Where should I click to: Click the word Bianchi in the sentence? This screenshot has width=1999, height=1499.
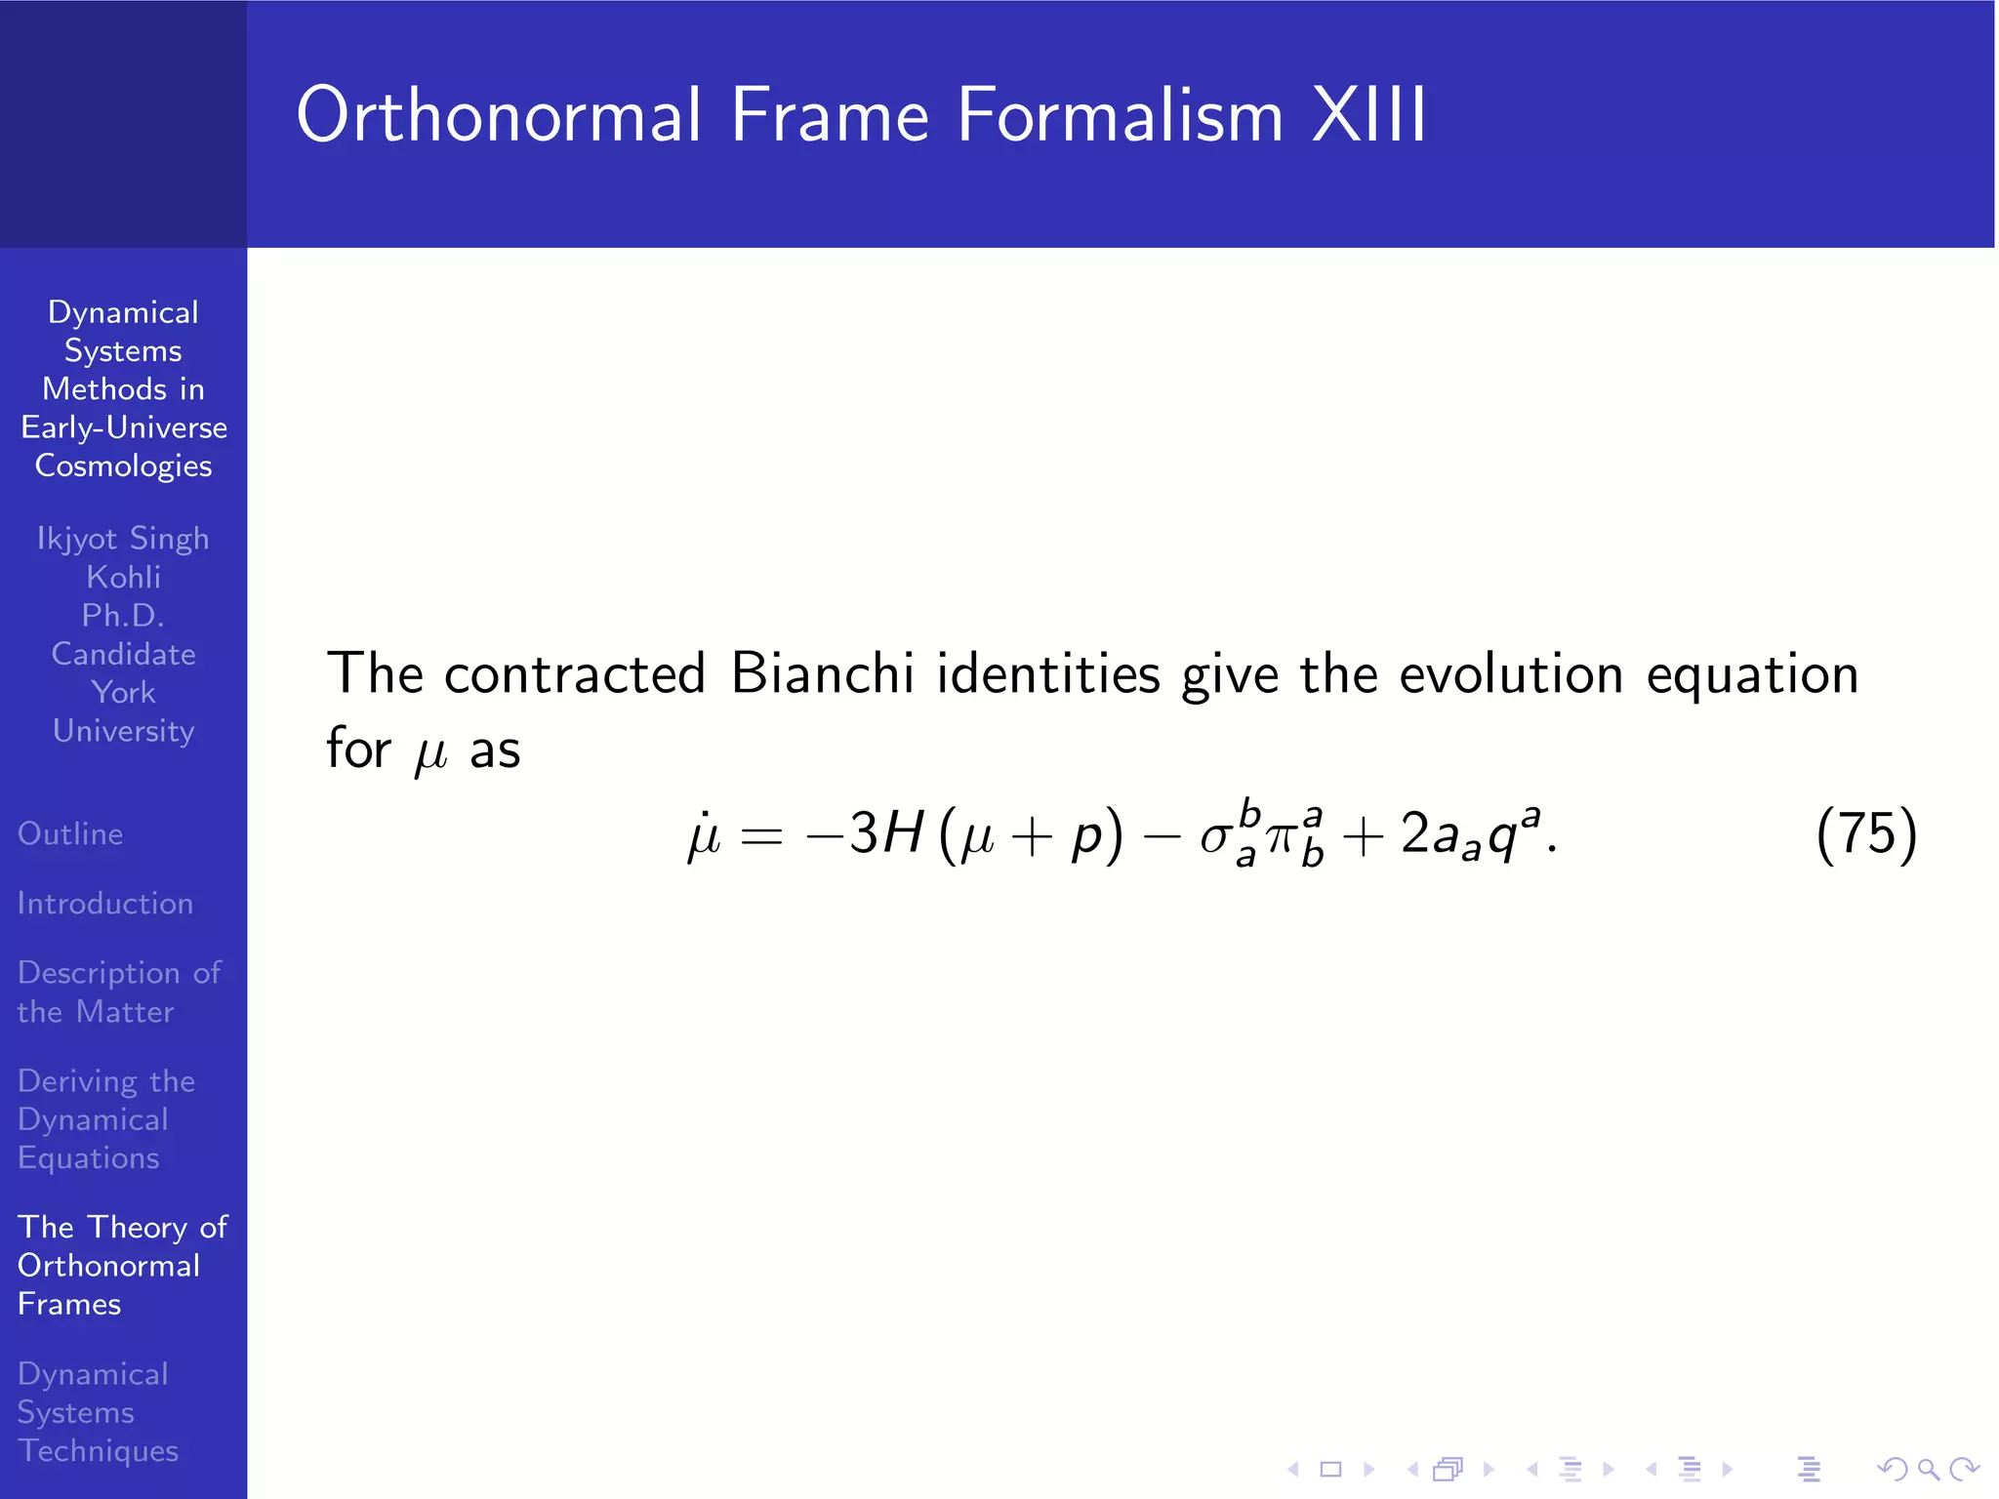[822, 673]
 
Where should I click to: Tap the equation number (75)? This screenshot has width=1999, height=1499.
[1866, 834]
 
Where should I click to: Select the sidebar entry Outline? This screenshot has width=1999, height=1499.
[70, 833]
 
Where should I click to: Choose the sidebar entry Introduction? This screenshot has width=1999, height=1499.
[105, 903]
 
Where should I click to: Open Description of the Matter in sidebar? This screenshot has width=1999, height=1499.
[118, 992]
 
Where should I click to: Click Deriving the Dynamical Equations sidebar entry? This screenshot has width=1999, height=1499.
[105, 1119]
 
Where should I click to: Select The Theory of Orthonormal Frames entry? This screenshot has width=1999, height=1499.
[121, 1265]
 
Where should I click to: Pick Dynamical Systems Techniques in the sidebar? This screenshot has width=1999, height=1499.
[98, 1412]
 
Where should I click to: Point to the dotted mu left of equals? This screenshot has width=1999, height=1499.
[703, 835]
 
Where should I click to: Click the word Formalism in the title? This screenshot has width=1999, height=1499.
[1120, 115]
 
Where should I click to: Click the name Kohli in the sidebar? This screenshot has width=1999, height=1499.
[123, 577]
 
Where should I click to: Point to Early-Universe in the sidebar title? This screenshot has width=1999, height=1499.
[124, 427]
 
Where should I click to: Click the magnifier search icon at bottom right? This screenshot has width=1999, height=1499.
[1928, 1468]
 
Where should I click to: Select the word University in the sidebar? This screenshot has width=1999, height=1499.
[123, 731]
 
